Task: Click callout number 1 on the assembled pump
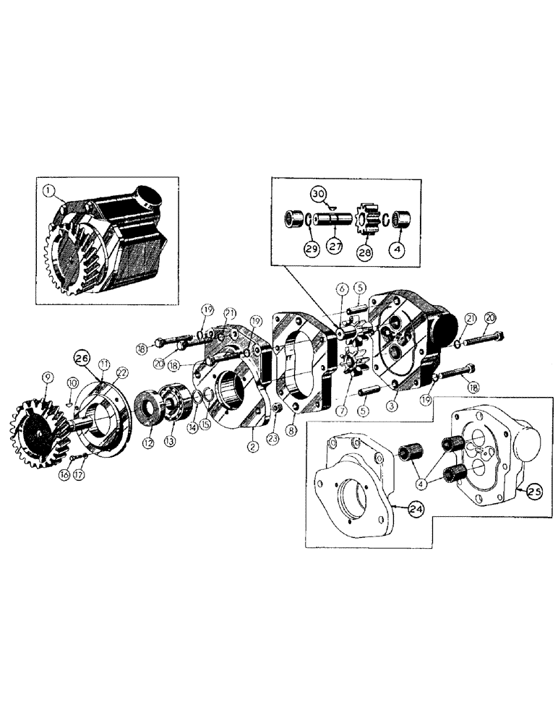pos(49,191)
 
